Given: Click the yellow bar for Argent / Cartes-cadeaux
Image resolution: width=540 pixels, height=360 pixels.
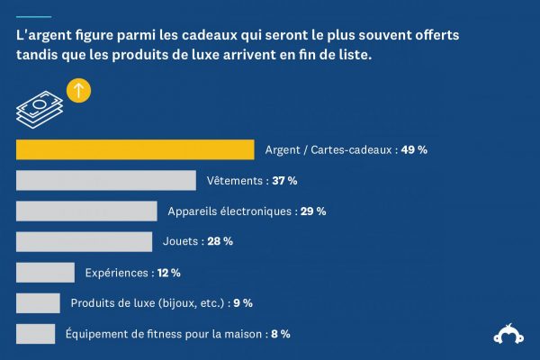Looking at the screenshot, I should point(135,149).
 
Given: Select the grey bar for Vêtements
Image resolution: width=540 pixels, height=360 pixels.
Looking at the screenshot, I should point(105,180).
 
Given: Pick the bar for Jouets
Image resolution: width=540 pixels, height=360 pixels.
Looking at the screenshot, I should point(84,241).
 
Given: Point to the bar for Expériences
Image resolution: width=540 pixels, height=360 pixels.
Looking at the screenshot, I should point(45,272).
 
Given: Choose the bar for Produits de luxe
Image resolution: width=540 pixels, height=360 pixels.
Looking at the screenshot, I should point(38,302).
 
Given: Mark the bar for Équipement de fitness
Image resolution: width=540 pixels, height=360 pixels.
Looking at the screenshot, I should point(35,333).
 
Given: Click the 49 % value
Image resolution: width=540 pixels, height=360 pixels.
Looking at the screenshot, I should point(414,150).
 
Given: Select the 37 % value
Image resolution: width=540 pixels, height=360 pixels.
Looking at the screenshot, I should point(284,181).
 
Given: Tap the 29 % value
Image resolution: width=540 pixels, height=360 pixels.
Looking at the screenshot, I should point(313,211).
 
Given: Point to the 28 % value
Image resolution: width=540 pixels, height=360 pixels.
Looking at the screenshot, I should point(220,241).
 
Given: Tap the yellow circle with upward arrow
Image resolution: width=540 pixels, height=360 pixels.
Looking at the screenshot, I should point(79,90).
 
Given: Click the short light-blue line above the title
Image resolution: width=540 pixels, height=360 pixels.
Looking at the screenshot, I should point(33,16).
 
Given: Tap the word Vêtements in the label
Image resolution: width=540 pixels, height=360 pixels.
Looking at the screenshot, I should point(234,181).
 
